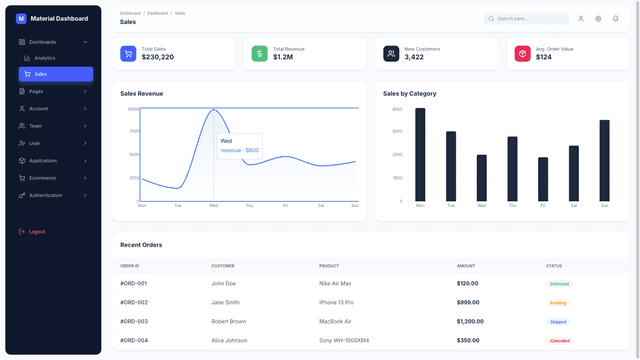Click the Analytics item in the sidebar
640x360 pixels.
click(44, 58)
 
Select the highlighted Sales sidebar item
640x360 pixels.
click(40, 74)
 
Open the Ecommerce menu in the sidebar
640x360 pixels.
click(42, 178)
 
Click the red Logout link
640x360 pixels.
click(37, 232)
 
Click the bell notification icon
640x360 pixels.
click(615, 18)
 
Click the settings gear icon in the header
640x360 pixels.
click(598, 18)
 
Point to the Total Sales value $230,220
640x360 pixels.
click(158, 57)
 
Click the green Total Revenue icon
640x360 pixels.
click(259, 54)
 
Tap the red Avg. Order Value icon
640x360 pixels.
click(522, 54)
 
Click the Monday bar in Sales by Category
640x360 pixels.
click(420, 154)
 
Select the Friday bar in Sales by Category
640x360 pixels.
click(543, 179)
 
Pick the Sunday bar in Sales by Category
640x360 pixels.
click(604, 160)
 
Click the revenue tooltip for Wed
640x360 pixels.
click(239, 146)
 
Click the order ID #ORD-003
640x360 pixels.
click(134, 321)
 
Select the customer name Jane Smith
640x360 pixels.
click(225, 302)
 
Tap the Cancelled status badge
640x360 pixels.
click(559, 340)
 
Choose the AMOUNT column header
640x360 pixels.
click(466, 266)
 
